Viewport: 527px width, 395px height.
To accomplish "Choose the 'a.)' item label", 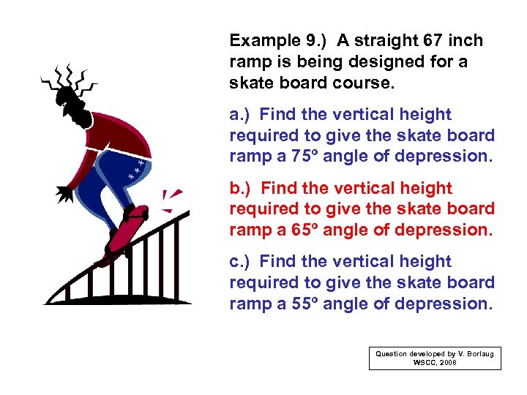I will (241, 114).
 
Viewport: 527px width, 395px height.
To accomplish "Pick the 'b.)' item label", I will (242, 188).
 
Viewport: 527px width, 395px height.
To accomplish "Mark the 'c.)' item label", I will (241, 261).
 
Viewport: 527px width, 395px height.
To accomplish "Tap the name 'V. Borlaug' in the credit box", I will (474, 354).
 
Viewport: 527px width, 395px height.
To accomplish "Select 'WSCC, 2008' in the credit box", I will (435, 363).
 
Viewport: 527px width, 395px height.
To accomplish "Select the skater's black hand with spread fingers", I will (64, 193).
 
